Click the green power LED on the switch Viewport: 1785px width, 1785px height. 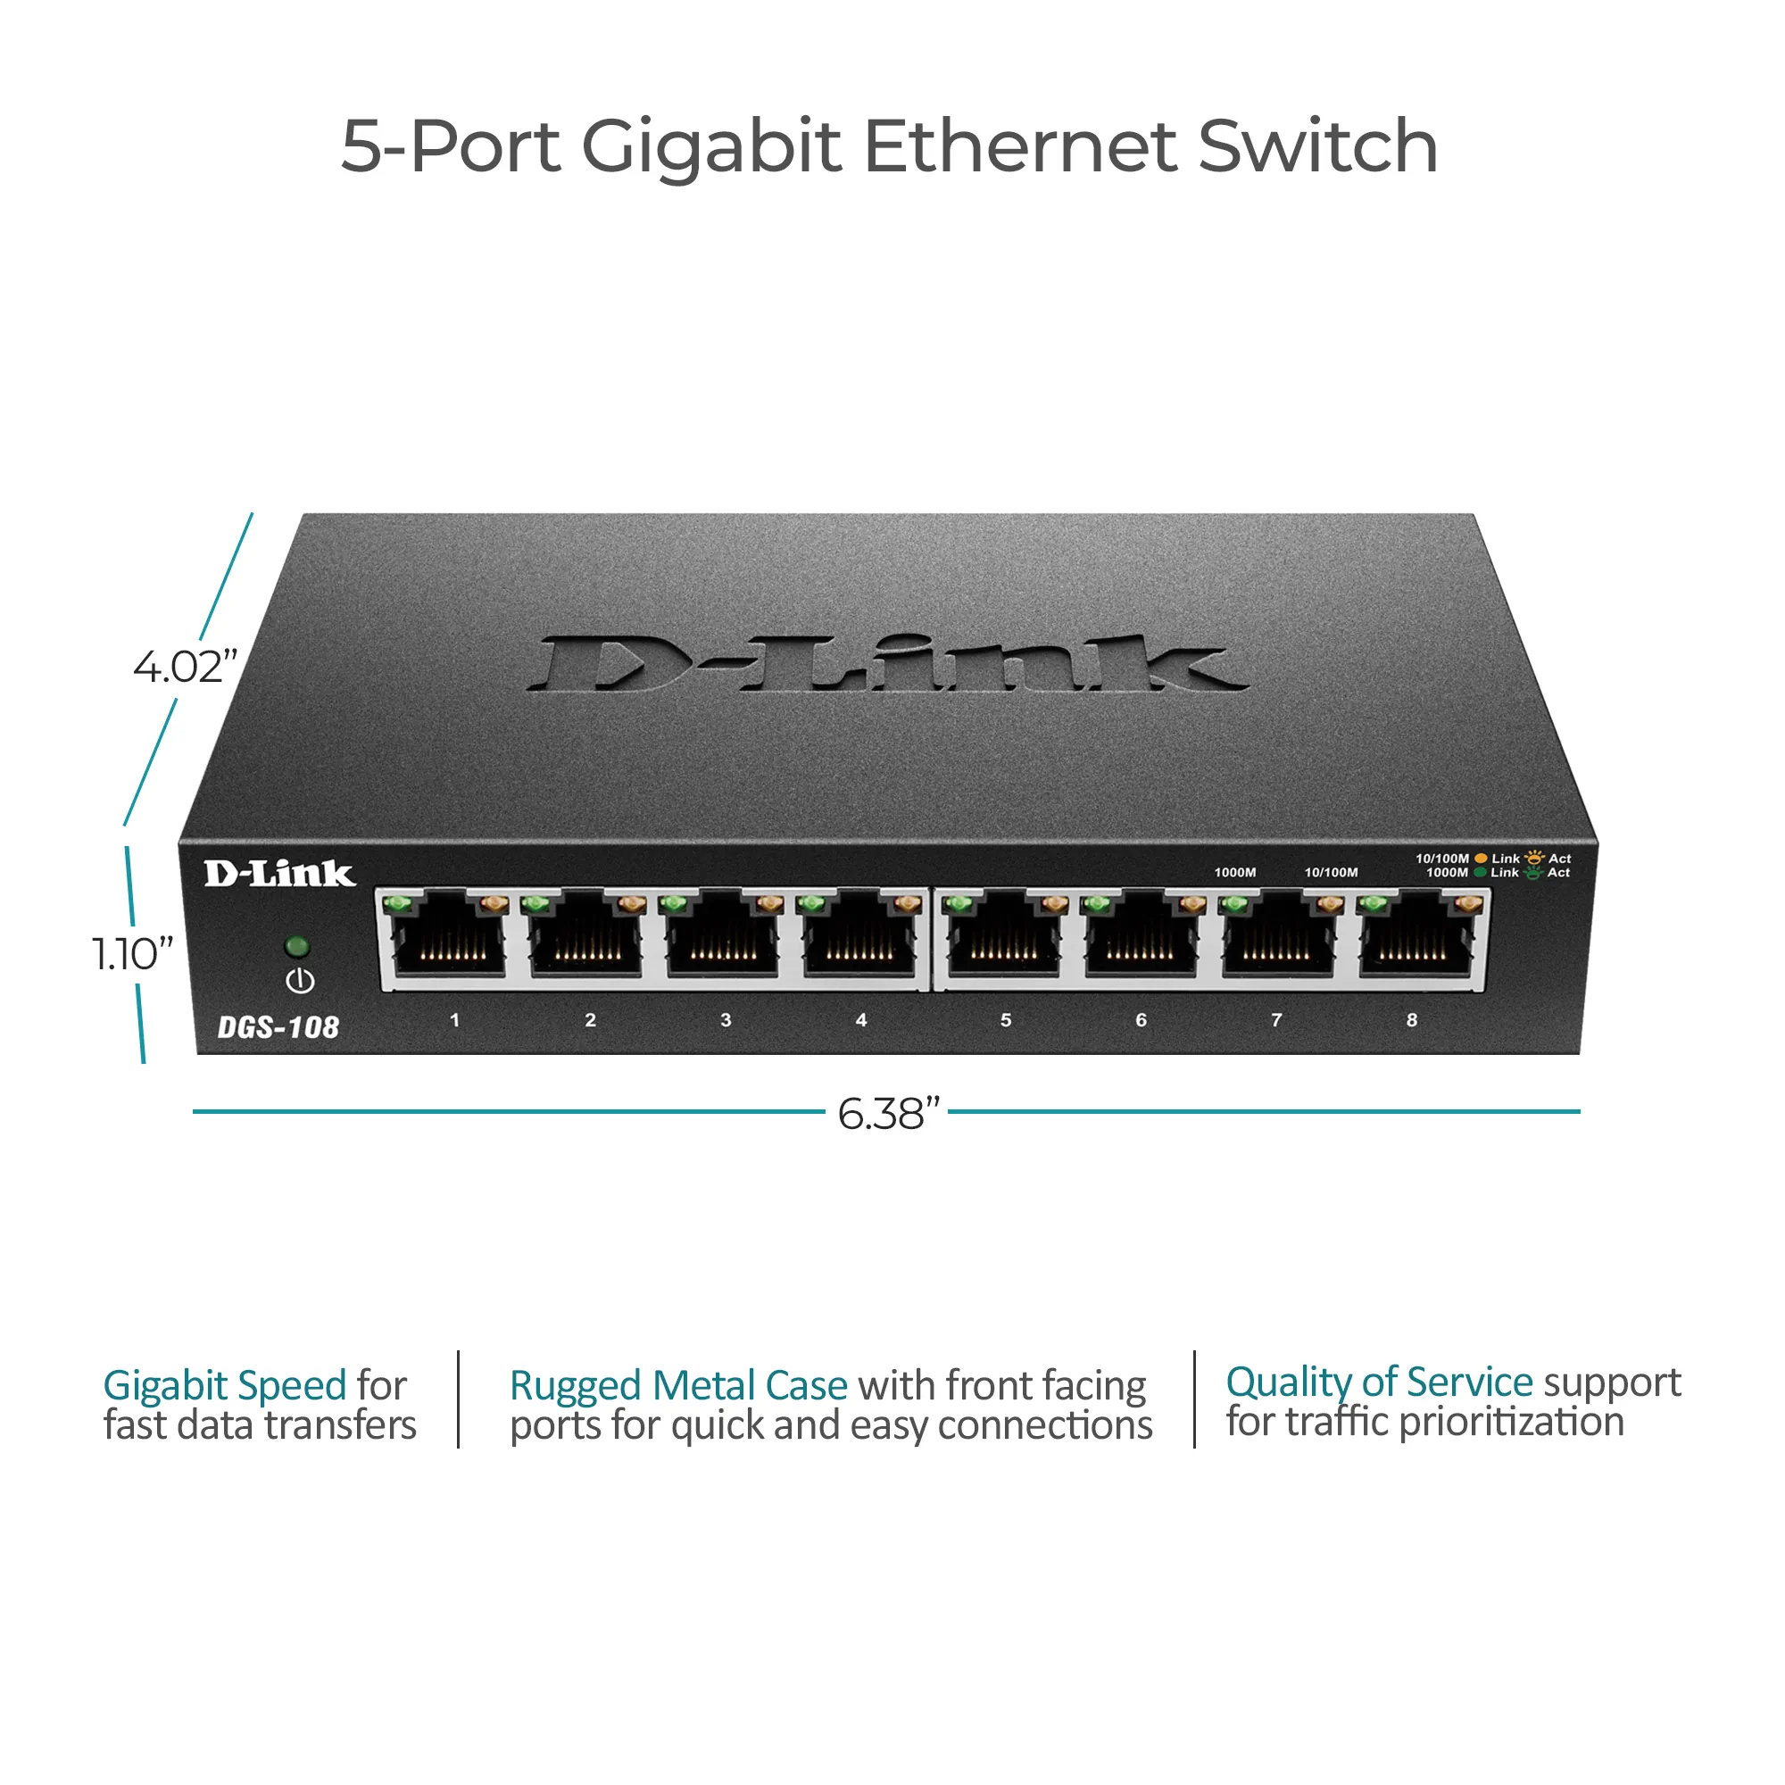point(297,946)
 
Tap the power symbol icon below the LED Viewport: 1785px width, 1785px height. point(300,981)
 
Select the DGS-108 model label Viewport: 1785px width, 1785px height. point(278,1027)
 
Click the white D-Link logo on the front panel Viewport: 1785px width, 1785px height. point(279,873)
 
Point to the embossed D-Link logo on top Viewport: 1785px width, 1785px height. point(887,663)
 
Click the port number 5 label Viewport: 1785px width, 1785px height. point(1005,1020)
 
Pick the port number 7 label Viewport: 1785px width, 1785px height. point(1276,1020)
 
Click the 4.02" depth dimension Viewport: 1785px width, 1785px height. point(185,667)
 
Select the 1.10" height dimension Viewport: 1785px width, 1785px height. point(132,953)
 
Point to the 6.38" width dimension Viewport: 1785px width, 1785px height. point(888,1113)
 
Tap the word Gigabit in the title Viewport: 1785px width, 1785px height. point(710,148)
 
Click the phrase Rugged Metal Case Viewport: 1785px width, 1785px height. point(678,1386)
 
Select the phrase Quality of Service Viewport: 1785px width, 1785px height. point(1379,1382)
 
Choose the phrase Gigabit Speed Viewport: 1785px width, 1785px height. point(225,1386)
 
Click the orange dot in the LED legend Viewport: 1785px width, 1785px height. point(1481,859)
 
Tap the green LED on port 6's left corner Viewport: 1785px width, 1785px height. point(1096,901)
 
